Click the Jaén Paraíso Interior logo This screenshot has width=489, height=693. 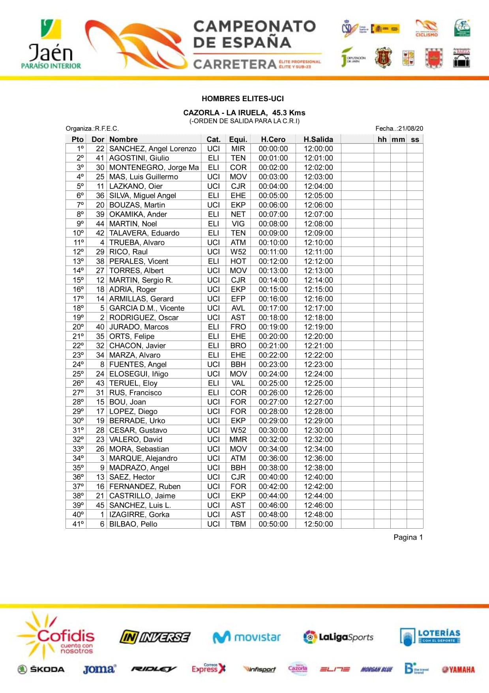(51, 44)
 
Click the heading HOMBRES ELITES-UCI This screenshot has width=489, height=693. (243, 99)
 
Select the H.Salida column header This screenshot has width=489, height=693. (318, 139)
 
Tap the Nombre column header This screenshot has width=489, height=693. (124, 139)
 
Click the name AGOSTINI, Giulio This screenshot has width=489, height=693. (139, 158)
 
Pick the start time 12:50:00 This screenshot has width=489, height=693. (318, 524)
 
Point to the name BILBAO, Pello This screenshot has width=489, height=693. (133, 524)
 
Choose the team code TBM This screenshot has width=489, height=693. (238, 524)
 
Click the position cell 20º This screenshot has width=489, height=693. (78, 327)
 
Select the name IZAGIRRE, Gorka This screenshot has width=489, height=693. (139, 514)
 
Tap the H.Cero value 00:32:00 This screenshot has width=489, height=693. (273, 439)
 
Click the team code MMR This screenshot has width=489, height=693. (238, 439)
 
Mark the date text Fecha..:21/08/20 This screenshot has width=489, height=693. (399, 128)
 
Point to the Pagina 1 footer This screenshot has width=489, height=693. (408, 537)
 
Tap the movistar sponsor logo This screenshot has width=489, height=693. (247, 637)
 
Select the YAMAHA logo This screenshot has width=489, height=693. (458, 669)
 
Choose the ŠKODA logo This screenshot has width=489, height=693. (41, 669)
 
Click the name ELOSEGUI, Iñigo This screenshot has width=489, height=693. (139, 374)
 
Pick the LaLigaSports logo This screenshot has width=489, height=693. (338, 637)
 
